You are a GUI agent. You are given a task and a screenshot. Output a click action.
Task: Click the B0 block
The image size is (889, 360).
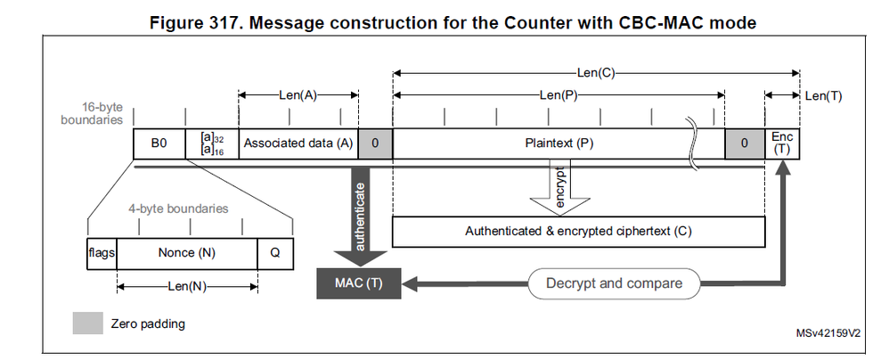[159, 143]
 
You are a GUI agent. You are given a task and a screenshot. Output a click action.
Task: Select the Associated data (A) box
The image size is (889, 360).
[298, 143]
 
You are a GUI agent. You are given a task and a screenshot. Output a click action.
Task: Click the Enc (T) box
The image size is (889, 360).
[782, 143]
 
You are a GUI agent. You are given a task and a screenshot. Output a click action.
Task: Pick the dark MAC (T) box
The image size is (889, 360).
[359, 283]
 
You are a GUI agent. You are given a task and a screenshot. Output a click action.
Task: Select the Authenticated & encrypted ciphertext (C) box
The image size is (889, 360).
[578, 231]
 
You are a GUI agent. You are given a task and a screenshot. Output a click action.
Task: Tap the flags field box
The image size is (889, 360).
[102, 253]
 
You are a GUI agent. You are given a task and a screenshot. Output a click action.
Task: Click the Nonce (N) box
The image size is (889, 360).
[186, 253]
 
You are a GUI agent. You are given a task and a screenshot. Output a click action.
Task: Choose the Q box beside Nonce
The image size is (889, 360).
[274, 253]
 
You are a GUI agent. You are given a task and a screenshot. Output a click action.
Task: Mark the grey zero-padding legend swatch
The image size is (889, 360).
[86, 323]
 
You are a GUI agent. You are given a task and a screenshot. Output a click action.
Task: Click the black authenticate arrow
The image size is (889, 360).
[359, 214]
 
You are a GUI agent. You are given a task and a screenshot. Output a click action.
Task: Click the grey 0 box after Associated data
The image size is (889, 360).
[375, 143]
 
